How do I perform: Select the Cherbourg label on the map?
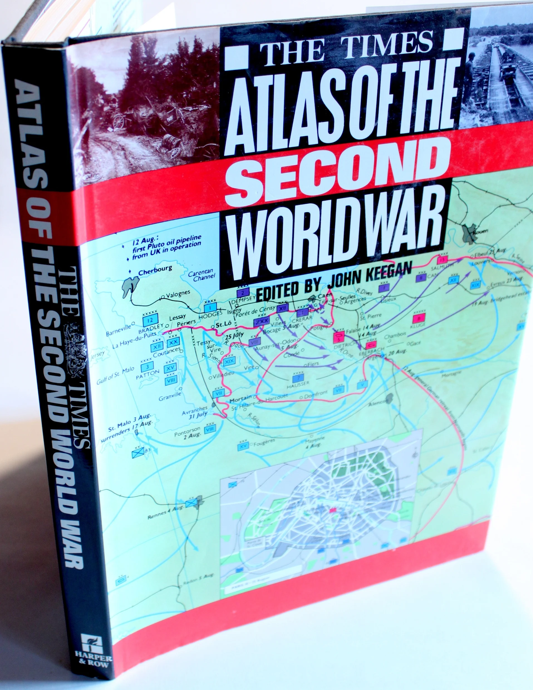pos(155,270)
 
